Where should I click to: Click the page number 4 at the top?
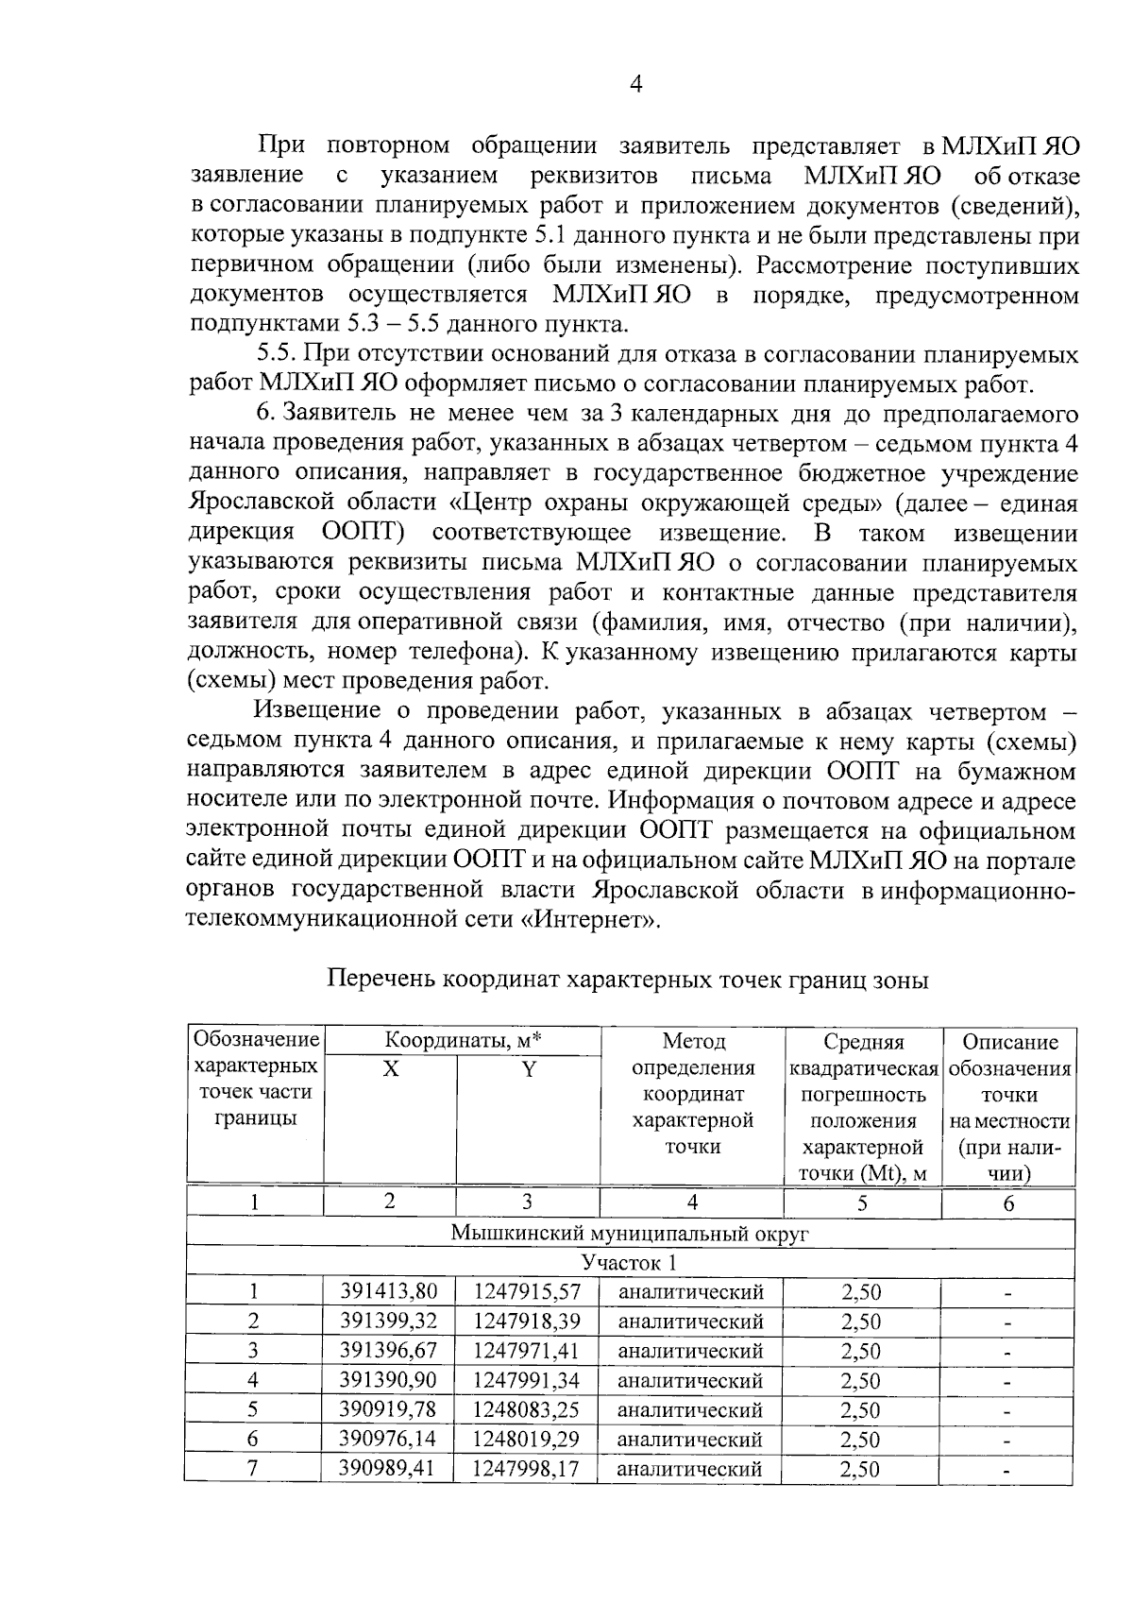tap(635, 85)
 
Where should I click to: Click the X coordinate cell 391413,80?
tap(388, 1291)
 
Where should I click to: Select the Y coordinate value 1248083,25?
tap(527, 1409)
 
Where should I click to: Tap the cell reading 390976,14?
tap(388, 1440)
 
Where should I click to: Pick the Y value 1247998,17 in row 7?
tap(527, 1469)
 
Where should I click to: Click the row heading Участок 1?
tap(629, 1263)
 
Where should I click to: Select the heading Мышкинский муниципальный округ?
tap(629, 1234)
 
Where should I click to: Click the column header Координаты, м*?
tap(463, 1041)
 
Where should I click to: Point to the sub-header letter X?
tap(390, 1069)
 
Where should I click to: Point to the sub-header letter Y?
tap(529, 1069)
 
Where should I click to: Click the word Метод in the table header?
tap(693, 1042)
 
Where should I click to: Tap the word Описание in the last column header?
tap(1009, 1042)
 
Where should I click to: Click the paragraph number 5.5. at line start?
tap(278, 355)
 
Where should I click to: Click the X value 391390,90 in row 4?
tap(388, 1380)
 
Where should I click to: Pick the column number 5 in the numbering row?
tap(861, 1202)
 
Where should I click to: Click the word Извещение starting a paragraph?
tap(316, 711)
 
